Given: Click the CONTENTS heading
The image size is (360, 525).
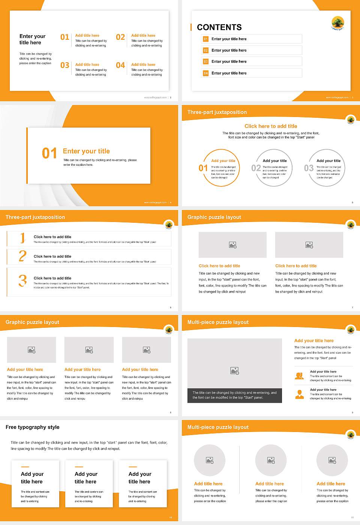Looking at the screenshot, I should click(219, 27).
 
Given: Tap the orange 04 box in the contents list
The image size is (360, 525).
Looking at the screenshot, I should click(205, 73).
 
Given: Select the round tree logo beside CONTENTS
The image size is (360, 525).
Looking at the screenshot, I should click(337, 23).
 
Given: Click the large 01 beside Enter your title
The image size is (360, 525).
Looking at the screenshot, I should click(49, 153).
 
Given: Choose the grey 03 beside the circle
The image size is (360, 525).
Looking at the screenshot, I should click(309, 168).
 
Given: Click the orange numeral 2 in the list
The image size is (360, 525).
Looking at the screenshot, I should click(22, 256).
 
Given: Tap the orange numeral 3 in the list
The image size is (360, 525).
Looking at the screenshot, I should click(22, 280).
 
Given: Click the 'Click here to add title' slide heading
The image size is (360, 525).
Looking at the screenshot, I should click(271, 126).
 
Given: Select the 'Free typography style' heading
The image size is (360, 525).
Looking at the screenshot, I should click(33, 427).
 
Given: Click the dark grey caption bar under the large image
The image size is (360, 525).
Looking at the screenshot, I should click(234, 395).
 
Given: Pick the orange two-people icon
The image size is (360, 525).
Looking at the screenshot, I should click(299, 376).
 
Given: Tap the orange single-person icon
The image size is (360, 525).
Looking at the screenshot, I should click(299, 394).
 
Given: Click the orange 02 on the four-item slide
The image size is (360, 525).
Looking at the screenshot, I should click(120, 37).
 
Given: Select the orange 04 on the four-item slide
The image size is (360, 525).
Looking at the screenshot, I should click(120, 66).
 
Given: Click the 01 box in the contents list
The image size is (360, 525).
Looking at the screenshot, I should click(205, 39).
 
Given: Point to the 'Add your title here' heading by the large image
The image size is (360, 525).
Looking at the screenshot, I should click(314, 341).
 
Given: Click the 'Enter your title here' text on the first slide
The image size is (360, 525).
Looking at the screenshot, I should click(32, 39).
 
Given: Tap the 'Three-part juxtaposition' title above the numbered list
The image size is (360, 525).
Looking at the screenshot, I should click(35, 217).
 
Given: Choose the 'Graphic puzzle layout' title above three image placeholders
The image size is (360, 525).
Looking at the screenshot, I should click(32, 322).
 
